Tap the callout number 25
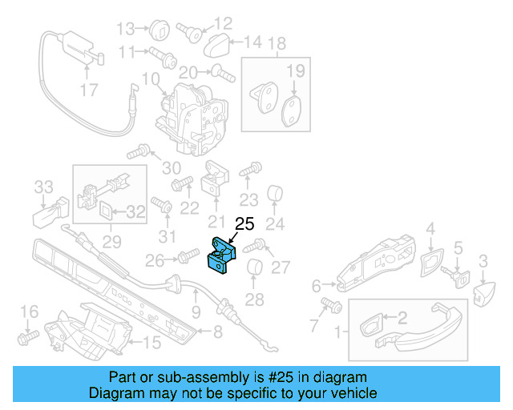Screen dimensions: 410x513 pyautogui.click(x=243, y=225)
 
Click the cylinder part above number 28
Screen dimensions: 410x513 pyautogui.click(x=254, y=269)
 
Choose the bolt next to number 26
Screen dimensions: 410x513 pyautogui.click(x=187, y=256)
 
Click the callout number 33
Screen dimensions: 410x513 pyautogui.click(x=42, y=187)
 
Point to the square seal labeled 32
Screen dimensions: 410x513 pyautogui.click(x=107, y=211)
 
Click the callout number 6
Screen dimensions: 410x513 pyautogui.click(x=315, y=285)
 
